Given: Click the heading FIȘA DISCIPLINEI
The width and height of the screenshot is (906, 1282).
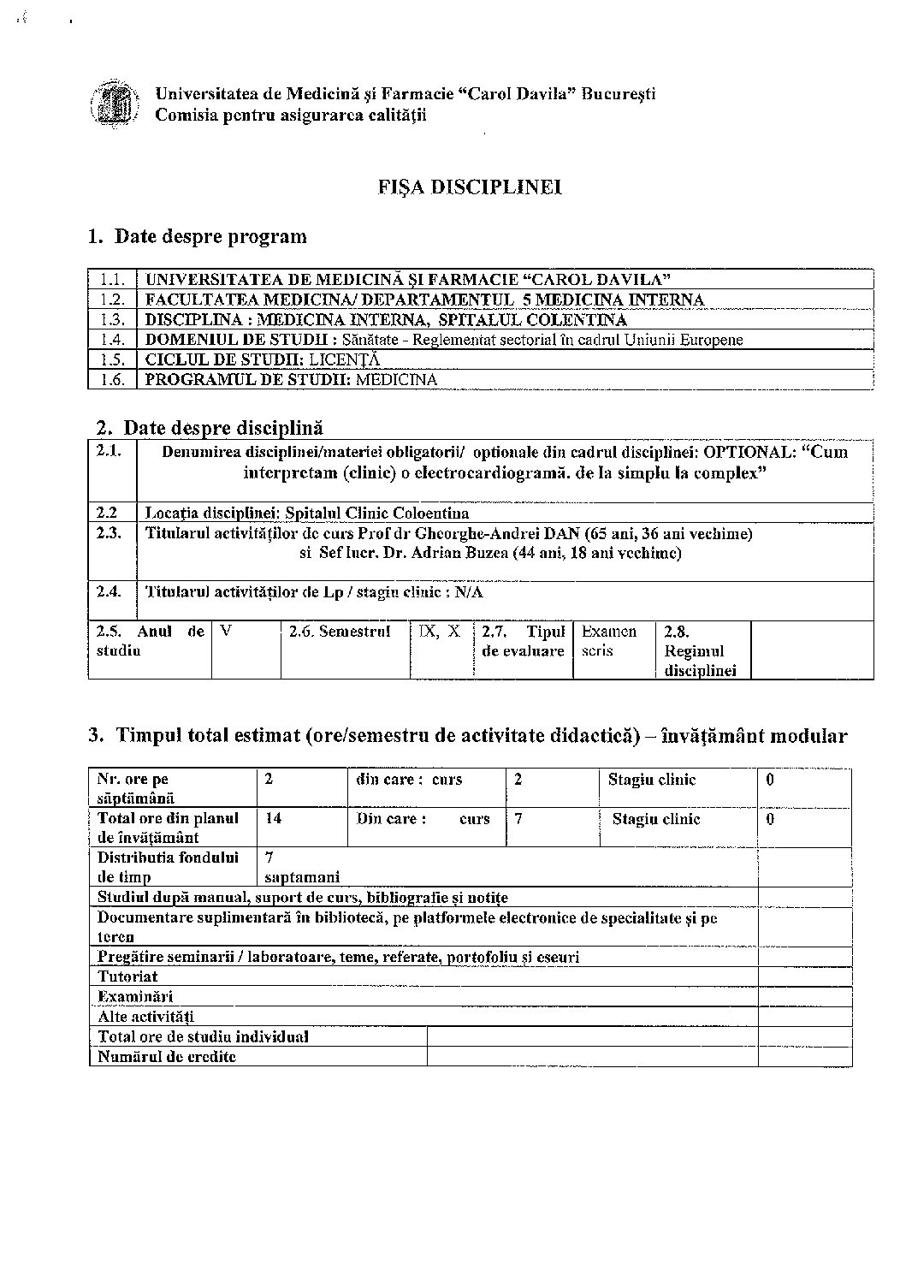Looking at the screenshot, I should [470, 187].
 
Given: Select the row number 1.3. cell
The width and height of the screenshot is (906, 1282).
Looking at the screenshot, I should [112, 320].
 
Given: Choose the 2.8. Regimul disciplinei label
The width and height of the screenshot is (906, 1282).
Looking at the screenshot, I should [700, 650].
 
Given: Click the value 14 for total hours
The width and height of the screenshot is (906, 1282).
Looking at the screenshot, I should [274, 818].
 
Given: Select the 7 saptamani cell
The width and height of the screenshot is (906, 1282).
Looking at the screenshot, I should [302, 867].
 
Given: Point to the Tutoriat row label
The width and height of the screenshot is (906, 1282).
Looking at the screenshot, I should [127, 976].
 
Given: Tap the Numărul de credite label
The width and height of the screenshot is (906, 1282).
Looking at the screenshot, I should [167, 1057].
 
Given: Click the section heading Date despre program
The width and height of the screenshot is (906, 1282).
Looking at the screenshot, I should [210, 236].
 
